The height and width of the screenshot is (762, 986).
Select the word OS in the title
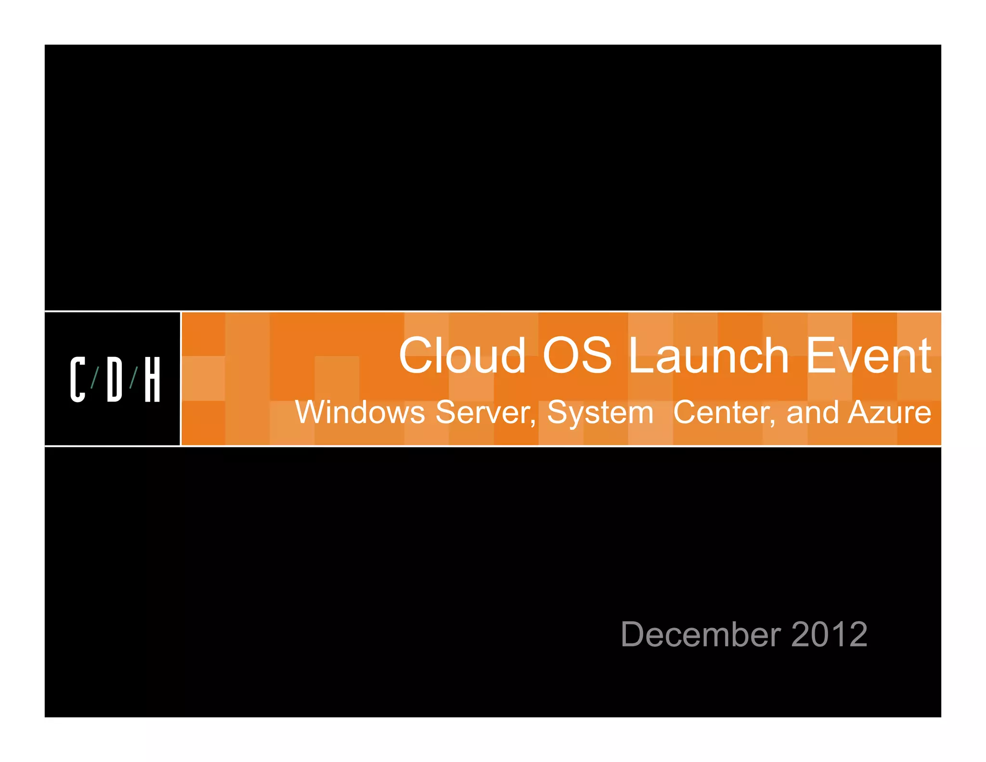pos(577,356)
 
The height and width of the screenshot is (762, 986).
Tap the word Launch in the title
pos(708,356)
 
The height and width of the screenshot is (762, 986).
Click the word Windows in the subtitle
pos(360,413)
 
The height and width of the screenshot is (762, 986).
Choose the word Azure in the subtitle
pos(890,413)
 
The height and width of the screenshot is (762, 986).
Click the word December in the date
pos(701,634)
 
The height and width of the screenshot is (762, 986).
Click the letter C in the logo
pos(78,380)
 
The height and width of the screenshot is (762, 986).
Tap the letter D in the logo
pos(115,380)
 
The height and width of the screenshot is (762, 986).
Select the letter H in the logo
pos(152,380)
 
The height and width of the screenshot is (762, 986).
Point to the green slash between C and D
pos(95,378)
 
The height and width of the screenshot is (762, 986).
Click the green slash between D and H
pos(133,378)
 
